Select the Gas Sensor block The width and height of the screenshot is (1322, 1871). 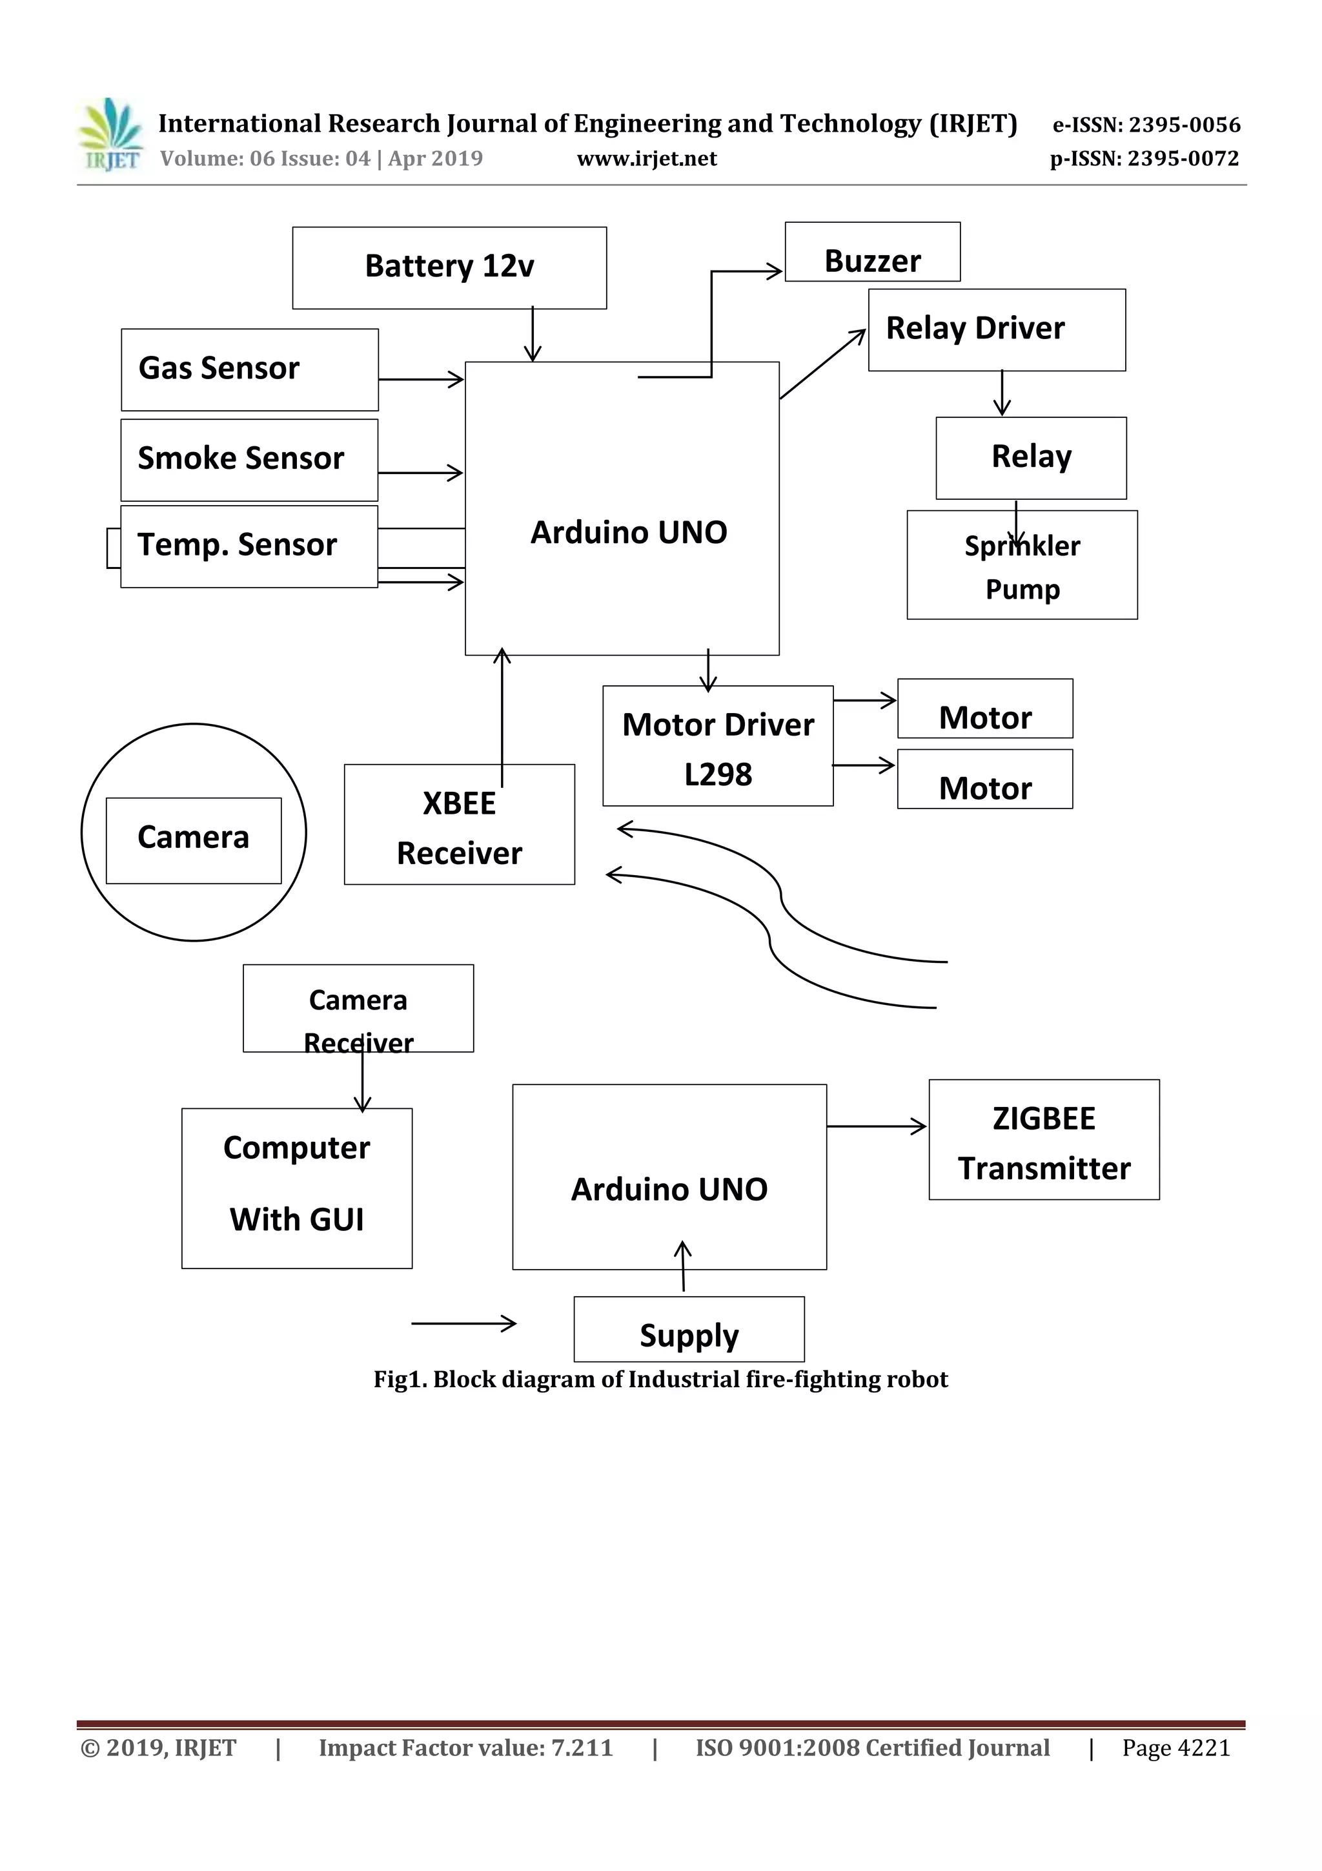point(249,369)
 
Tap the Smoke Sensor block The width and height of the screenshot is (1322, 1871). point(249,460)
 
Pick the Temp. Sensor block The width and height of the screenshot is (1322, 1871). point(249,546)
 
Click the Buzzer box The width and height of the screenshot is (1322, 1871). point(872,253)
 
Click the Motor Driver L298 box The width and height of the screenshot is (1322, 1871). point(718,746)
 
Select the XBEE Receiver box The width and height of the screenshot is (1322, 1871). point(460,824)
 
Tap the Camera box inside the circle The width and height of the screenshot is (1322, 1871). point(194,840)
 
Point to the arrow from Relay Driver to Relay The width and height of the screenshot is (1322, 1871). point(1002,393)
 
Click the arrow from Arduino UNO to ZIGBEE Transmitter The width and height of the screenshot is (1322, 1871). point(877,1126)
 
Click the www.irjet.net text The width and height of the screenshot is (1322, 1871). point(647,159)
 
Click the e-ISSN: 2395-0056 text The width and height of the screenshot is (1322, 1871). point(1146,125)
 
